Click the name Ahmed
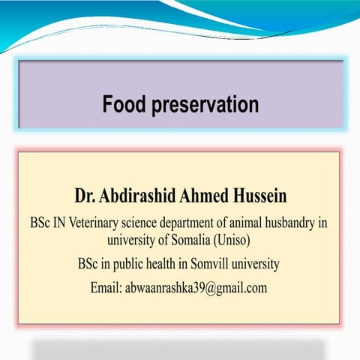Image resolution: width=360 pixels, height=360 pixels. (210, 196)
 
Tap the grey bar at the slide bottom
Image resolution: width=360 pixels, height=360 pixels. (178, 350)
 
